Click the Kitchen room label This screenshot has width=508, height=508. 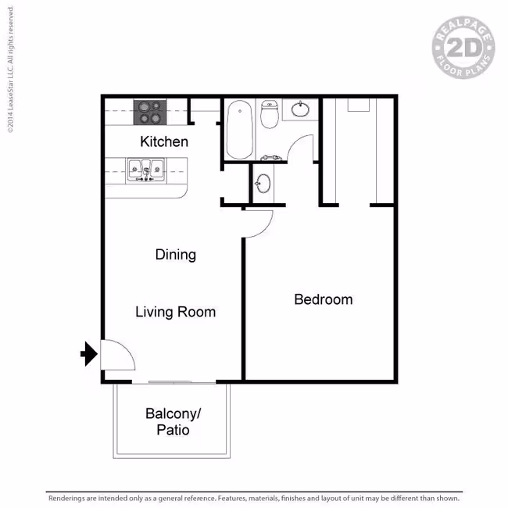[164, 142]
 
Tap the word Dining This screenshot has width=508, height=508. [176, 255]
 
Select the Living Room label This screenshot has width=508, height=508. [175, 312]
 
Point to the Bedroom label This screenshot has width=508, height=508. [324, 299]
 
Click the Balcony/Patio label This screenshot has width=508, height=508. [173, 422]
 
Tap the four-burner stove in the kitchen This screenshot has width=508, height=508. [150, 113]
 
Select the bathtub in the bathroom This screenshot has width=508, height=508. [240, 130]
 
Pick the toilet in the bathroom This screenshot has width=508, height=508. [270, 114]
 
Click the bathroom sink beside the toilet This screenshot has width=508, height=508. [300, 109]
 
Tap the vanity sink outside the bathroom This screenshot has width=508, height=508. [263, 184]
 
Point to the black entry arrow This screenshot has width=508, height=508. [89, 354]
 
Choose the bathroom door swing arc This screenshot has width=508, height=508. [295, 141]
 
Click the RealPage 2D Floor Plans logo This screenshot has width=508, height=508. [463, 48]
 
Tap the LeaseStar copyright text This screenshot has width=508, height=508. [10, 70]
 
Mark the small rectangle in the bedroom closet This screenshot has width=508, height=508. [359, 106]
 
